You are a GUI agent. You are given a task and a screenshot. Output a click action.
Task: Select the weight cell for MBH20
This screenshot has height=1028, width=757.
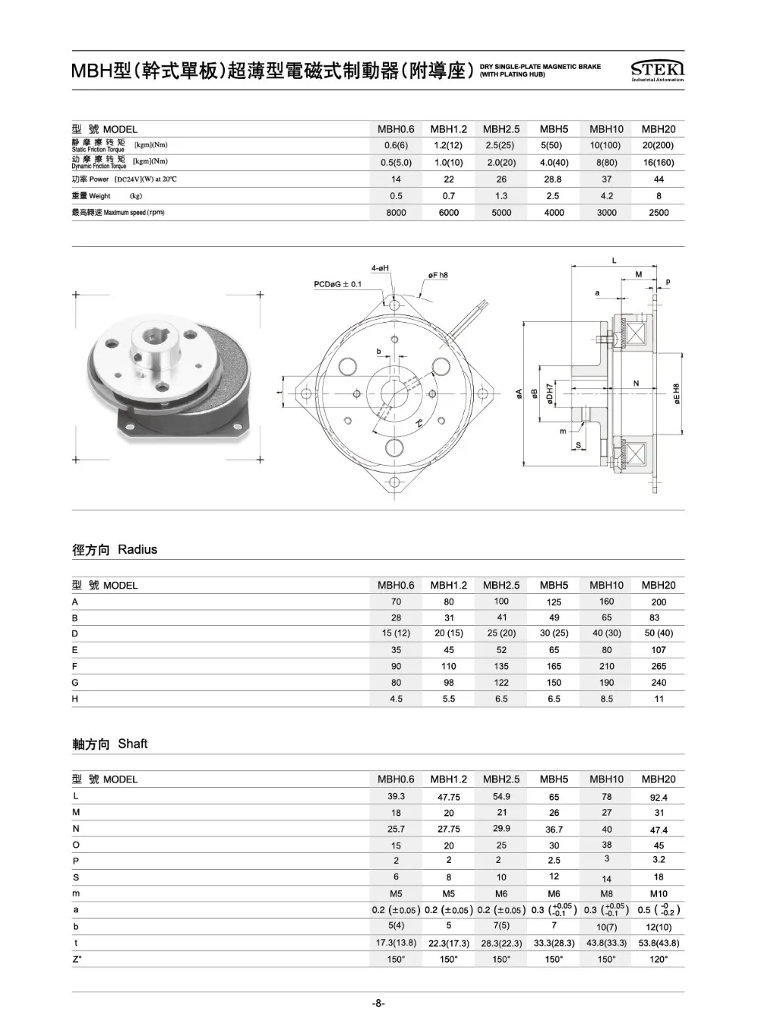point(659,196)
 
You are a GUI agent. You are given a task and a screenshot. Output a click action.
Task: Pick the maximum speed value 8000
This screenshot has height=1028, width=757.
point(396,213)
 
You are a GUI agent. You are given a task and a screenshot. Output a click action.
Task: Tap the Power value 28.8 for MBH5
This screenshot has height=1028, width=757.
point(553,180)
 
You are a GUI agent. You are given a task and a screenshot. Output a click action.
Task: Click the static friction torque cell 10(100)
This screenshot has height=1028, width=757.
point(606,145)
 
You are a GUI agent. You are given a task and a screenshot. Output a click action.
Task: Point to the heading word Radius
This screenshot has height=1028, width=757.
point(137,550)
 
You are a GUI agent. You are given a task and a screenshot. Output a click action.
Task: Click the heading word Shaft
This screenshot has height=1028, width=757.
point(132,744)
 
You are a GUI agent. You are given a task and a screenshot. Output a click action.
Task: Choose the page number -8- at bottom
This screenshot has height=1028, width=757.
point(378,1004)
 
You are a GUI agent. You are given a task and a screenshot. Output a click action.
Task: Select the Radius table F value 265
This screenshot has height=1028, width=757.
point(659,667)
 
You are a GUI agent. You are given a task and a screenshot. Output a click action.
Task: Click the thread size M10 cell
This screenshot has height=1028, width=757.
point(659,894)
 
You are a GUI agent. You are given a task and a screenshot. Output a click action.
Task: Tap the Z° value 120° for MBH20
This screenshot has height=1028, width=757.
point(659,960)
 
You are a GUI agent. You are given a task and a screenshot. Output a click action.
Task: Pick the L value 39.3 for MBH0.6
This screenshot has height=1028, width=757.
point(396,797)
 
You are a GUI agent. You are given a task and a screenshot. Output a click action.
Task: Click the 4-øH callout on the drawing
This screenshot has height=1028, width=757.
point(380,268)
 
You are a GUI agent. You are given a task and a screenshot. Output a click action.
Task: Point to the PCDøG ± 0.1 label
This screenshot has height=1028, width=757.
point(338,284)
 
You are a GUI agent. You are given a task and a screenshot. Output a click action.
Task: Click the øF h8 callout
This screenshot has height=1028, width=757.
point(438,275)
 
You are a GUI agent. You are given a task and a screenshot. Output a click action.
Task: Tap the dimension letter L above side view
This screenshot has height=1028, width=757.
point(614,261)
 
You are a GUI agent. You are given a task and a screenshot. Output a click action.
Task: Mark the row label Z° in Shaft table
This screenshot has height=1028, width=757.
point(76,959)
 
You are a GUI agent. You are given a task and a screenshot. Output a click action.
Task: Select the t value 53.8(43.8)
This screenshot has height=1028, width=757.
point(659,943)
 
